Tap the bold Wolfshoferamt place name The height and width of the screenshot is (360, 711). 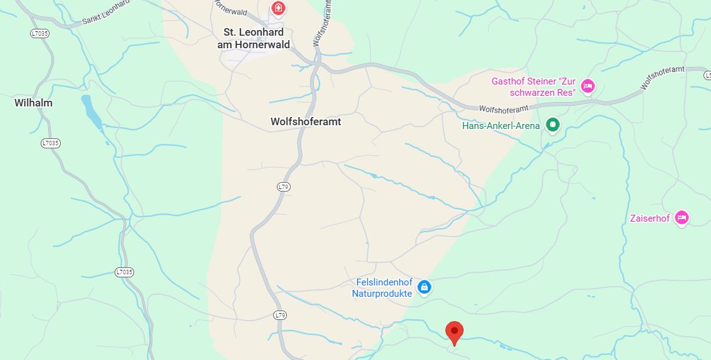coord(306,121)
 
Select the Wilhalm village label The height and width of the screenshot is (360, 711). coord(33,103)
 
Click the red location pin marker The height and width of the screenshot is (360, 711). coord(454,331)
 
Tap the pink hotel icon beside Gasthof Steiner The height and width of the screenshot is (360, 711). coord(587,86)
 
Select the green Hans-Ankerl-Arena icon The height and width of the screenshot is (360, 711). coord(553,125)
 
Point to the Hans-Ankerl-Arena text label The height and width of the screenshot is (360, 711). coord(501,126)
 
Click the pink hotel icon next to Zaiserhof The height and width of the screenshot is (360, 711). coord(682,218)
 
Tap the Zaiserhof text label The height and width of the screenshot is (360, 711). coord(650,219)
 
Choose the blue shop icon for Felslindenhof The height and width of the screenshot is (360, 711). coord(424,287)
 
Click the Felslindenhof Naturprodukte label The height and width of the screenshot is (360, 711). coord(381,287)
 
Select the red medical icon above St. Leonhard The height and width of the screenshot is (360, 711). coord(278,9)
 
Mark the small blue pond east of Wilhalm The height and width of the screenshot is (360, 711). coord(91,111)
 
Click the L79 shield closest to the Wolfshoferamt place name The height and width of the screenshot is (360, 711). coord(284,187)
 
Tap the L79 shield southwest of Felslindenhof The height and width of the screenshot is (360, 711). coord(280,315)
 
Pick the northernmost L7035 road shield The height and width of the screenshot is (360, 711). coord(39,33)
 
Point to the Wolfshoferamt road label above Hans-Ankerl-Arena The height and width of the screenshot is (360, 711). coord(504,108)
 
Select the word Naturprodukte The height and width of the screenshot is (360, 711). coord(381,293)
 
